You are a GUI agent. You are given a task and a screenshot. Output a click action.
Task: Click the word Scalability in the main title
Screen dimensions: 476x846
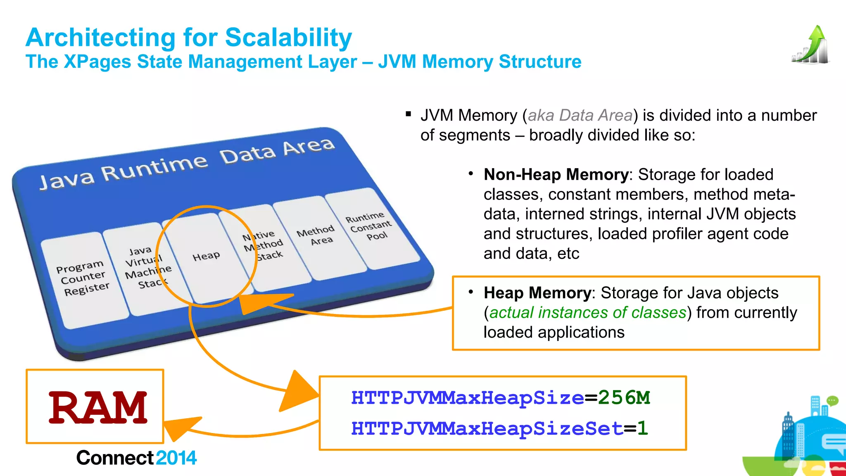click(288, 38)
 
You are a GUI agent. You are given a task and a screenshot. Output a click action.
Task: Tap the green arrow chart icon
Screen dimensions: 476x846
click(811, 45)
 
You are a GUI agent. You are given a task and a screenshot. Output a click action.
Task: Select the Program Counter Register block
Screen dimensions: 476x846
click(83, 278)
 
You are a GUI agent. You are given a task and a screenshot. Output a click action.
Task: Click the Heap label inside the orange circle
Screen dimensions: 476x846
click(206, 257)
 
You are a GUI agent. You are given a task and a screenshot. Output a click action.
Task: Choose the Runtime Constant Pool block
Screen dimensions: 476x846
click(368, 226)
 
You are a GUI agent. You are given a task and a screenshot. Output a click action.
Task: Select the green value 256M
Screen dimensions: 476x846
click(624, 398)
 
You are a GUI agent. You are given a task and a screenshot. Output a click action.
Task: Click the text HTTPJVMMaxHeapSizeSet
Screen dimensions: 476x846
click(487, 428)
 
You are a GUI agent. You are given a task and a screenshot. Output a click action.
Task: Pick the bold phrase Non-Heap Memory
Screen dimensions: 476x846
click(556, 174)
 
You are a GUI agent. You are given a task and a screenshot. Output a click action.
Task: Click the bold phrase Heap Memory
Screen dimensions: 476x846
click(537, 293)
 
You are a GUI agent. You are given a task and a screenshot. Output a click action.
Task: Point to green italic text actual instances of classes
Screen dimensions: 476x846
click(587, 312)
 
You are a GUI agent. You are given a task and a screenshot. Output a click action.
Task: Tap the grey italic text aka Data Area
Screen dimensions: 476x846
click(580, 115)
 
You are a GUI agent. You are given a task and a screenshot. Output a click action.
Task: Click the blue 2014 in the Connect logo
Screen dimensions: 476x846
click(176, 458)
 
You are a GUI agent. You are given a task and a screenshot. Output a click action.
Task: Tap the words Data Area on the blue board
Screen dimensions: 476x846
click(277, 150)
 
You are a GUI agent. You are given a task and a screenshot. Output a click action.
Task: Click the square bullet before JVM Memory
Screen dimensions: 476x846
click(409, 114)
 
